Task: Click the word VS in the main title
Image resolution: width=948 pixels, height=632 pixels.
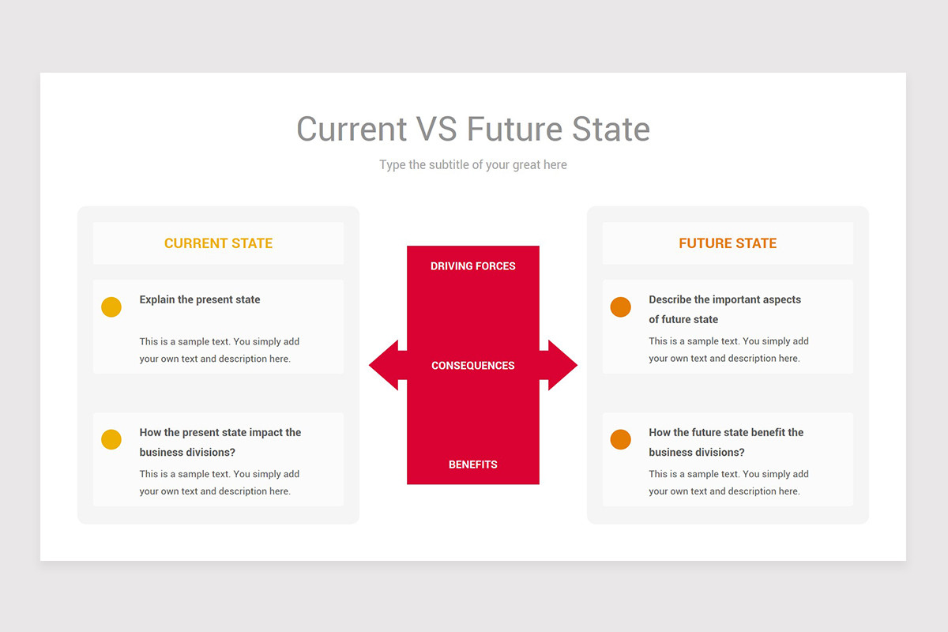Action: [436, 129]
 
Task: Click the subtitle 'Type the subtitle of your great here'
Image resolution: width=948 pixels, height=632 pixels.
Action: [472, 164]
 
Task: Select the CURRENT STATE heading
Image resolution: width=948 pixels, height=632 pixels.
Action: [218, 243]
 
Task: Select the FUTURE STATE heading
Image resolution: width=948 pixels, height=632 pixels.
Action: [728, 243]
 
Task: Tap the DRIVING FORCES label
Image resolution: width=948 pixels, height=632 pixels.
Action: [472, 266]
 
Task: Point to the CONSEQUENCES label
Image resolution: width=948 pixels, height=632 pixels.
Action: [472, 366]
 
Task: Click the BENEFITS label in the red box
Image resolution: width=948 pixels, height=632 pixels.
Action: [472, 465]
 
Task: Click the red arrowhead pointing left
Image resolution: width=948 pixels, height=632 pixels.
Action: [384, 365]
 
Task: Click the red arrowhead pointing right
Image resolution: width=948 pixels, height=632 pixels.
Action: [562, 365]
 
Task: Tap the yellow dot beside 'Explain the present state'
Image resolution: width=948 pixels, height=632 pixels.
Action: [111, 307]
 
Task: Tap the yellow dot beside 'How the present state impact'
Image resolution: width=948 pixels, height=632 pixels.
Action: [111, 439]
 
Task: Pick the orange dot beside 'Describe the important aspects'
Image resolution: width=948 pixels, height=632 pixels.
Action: [620, 307]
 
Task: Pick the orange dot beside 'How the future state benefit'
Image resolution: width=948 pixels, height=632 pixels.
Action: [620, 439]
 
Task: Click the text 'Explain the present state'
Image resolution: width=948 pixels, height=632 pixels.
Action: [200, 299]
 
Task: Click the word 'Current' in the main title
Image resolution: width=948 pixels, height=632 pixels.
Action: [352, 129]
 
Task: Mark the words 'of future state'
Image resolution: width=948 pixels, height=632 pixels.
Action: [683, 320]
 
